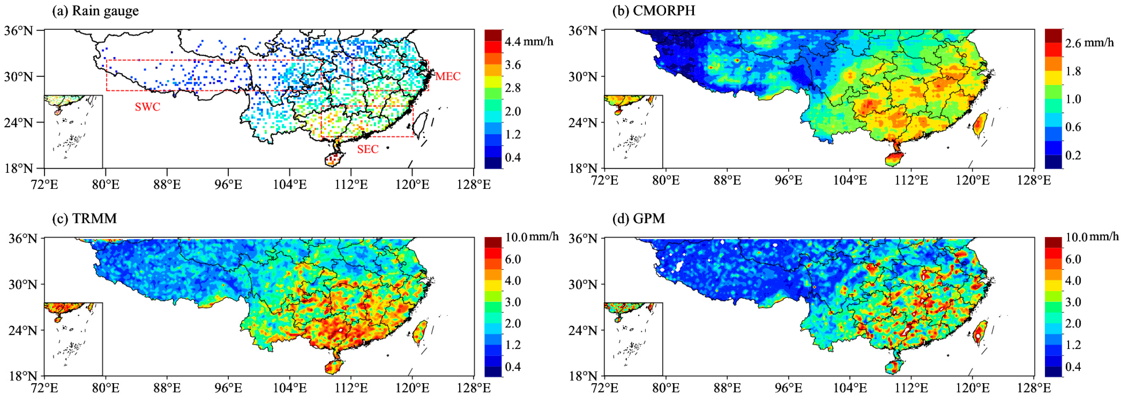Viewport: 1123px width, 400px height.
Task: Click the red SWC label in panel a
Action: pos(147,107)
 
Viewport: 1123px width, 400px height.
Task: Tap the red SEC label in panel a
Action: pos(367,149)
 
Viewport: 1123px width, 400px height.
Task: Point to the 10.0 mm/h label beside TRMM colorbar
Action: pos(531,237)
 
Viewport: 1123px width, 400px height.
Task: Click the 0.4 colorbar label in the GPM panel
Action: pos(1073,367)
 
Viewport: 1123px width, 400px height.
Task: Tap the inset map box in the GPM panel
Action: pos(633,339)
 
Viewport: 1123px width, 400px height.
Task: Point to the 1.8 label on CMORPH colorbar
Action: pos(1073,71)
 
